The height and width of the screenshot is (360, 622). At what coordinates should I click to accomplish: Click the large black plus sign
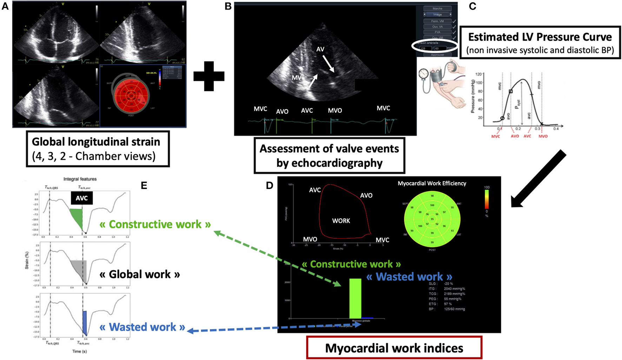[209, 77]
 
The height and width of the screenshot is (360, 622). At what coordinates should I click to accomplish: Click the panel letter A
[5, 6]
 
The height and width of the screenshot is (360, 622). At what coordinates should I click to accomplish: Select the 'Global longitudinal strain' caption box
[98, 149]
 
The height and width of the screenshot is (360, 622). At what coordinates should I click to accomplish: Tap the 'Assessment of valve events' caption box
[329, 156]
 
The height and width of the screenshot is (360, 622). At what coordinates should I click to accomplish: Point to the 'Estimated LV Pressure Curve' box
[540, 42]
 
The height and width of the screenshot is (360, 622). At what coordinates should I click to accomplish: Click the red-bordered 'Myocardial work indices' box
[394, 348]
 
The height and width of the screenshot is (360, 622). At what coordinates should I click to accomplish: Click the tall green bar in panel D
[355, 298]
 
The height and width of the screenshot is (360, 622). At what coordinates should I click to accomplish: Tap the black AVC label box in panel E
[82, 198]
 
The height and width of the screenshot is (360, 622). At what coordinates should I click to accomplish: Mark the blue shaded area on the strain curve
[85, 322]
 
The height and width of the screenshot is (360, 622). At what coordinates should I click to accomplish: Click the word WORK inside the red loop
[341, 221]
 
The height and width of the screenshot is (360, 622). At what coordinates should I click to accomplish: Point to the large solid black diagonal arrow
[538, 178]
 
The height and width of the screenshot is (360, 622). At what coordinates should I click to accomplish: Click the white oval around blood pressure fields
[435, 47]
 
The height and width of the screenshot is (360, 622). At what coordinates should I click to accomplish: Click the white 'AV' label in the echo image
[320, 50]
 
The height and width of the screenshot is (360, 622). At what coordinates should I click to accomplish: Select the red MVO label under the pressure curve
[543, 136]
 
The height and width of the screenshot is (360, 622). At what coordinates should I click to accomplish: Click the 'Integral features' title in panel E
[80, 179]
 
